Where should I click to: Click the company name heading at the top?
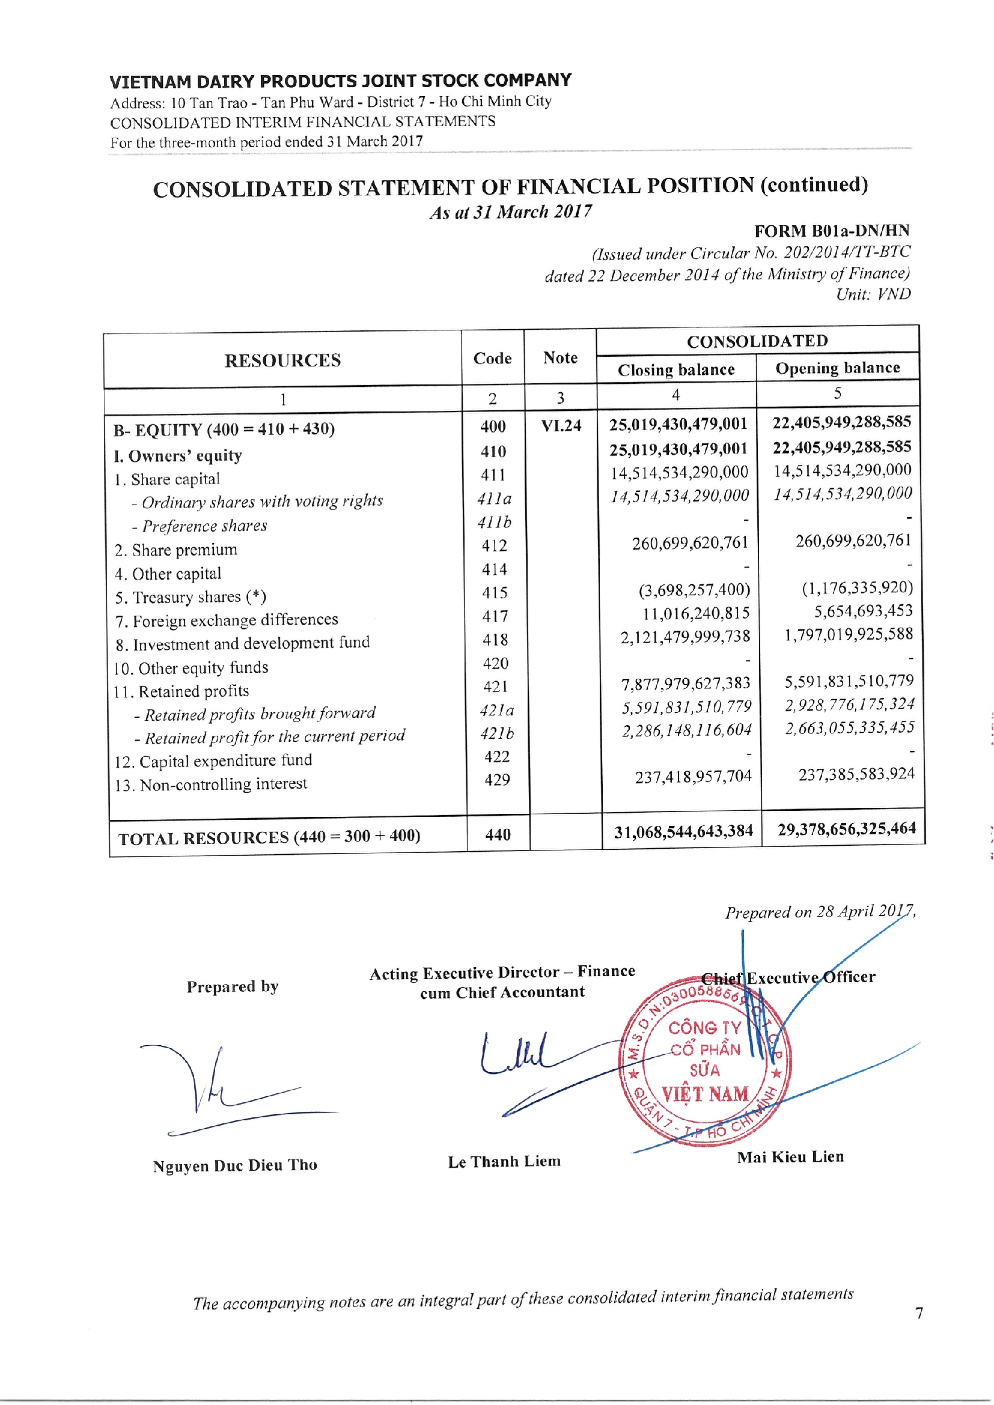click(340, 80)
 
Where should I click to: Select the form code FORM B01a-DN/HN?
click(831, 231)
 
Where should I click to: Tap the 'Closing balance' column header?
click(675, 369)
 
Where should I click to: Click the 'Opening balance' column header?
click(837, 368)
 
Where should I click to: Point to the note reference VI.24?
click(561, 425)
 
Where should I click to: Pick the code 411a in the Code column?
click(494, 499)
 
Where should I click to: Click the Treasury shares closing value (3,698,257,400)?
click(694, 590)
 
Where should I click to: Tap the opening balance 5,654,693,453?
click(863, 611)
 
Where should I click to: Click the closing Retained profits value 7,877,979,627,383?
click(686, 683)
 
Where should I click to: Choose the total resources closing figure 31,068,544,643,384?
click(683, 831)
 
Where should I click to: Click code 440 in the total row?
click(498, 835)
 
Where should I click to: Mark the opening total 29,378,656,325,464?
click(847, 829)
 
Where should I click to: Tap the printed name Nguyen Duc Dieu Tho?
click(235, 1165)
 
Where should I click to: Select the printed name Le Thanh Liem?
click(504, 1162)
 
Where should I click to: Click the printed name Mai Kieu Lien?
click(790, 1157)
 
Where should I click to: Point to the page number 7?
click(919, 1313)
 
